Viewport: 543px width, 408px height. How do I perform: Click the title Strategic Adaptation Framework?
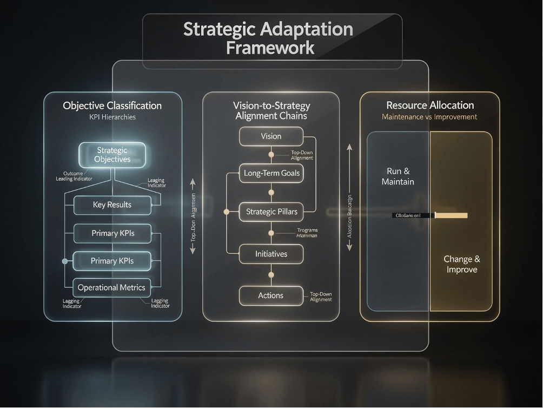point(268,38)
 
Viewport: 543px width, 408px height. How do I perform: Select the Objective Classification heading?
point(112,106)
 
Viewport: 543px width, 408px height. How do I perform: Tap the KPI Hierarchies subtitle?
point(112,117)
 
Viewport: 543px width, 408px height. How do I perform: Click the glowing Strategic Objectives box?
point(112,154)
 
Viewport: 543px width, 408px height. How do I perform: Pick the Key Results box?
point(112,205)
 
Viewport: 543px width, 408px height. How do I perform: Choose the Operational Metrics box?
point(112,287)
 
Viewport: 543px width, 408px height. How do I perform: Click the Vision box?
point(271,136)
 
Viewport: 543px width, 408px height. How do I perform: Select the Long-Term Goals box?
point(271,174)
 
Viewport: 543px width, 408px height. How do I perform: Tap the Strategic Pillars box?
point(271,212)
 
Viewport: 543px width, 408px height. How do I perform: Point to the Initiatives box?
point(271,253)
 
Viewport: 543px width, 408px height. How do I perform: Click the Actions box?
point(271,295)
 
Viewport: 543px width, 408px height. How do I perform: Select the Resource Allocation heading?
point(430,106)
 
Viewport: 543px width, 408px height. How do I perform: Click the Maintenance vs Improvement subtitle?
point(430,117)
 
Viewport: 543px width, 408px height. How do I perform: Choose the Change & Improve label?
point(462,264)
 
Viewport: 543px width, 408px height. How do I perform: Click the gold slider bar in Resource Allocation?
point(451,215)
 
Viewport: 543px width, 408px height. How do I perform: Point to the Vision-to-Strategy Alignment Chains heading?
point(271,110)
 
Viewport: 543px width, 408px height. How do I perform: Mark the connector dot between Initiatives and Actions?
point(271,275)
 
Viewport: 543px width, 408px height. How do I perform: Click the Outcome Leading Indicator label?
point(74,176)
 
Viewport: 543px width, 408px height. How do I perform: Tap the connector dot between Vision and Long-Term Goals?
point(271,154)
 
